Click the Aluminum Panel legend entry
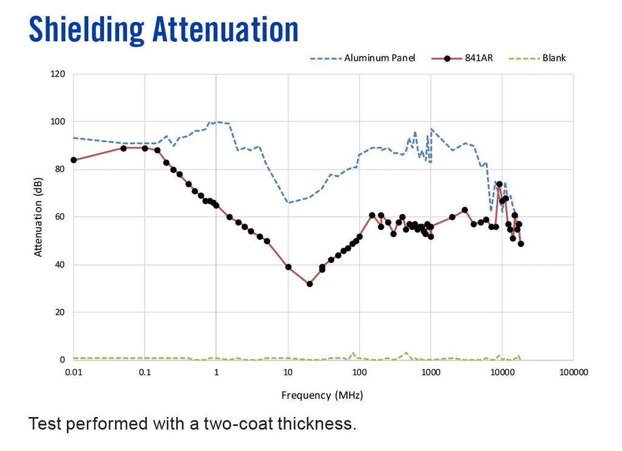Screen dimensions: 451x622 380,58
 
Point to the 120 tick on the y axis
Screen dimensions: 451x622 58,74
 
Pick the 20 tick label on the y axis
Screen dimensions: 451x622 61,313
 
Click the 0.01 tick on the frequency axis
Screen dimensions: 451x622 73,371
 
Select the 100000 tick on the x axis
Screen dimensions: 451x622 573,371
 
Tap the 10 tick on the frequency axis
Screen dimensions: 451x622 288,371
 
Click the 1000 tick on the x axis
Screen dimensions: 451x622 431,371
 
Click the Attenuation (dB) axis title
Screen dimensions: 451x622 39,217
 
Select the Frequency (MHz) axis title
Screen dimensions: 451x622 322,395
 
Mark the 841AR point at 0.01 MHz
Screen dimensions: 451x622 73,160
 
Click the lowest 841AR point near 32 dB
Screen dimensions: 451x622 310,283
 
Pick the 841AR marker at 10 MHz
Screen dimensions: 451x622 289,267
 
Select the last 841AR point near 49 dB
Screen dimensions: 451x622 521,243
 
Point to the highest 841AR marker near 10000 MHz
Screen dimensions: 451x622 499,184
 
